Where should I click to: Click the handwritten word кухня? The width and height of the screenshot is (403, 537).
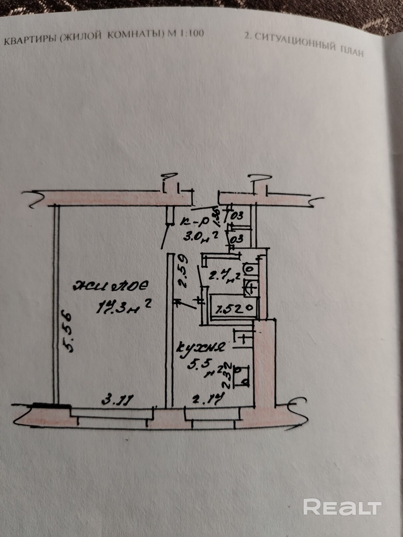(x=200, y=347)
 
